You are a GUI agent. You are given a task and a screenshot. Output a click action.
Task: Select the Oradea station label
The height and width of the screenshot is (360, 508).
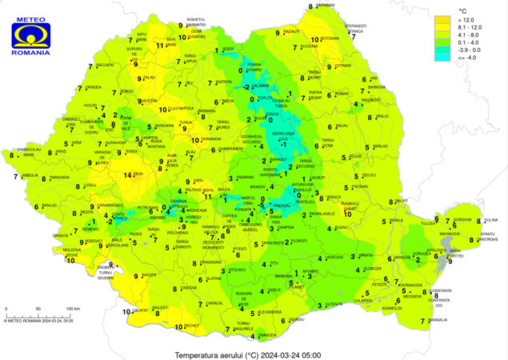[94, 88]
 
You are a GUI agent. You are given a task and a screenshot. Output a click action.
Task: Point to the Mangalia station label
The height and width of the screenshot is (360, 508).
[439, 321]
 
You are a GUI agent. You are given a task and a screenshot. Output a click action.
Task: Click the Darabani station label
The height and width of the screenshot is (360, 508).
[325, 6]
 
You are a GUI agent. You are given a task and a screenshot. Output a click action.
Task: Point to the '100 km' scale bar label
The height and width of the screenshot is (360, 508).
[73, 308]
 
